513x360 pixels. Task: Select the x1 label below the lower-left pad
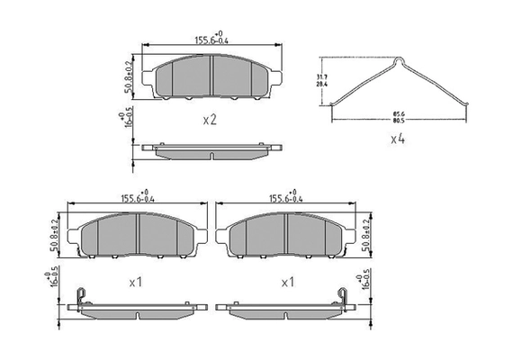[x=137, y=282]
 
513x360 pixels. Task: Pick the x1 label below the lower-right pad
[x=288, y=282]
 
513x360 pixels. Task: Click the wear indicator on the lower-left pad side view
[x=81, y=294]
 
